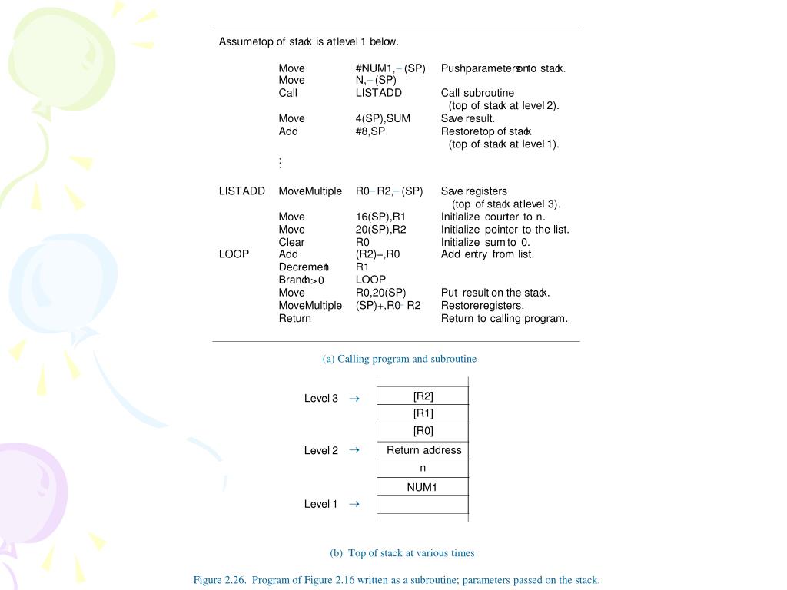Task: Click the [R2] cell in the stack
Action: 423,396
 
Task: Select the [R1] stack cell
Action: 423,414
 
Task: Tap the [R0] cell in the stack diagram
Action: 423,432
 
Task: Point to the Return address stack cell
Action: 423,450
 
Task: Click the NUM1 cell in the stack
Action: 422,487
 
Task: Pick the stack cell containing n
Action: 423,468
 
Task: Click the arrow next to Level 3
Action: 354,399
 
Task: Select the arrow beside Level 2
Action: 354,451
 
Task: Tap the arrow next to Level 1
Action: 354,504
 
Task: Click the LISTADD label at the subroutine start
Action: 241,191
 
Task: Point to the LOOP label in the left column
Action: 234,254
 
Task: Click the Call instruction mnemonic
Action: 287,93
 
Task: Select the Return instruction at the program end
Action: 294,318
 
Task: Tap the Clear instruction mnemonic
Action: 291,242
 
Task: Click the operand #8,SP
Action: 370,131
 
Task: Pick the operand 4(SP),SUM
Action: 383,118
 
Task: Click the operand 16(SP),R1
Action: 380,217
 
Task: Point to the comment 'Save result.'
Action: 467,118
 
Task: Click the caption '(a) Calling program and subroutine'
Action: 400,359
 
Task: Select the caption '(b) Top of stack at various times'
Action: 402,553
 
